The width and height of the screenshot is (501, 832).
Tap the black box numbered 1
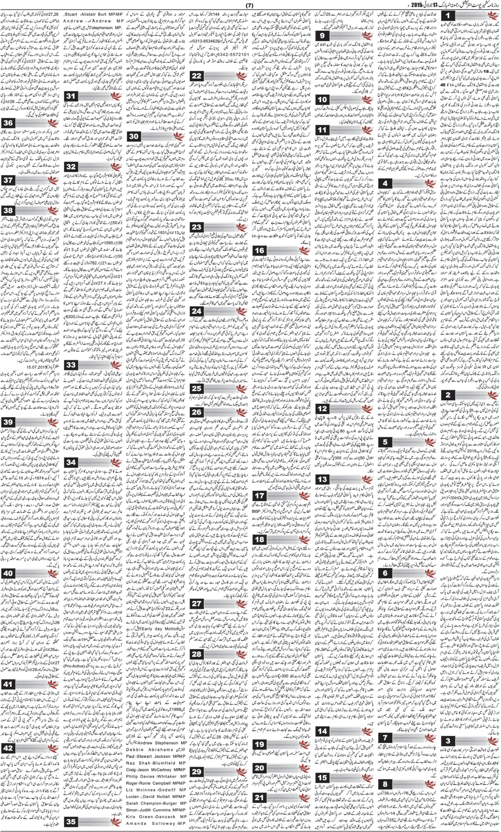click(x=447, y=17)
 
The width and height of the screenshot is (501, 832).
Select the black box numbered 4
click(x=386, y=183)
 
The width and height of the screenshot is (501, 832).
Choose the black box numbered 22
click(x=197, y=76)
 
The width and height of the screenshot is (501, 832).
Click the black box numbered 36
click(x=9, y=123)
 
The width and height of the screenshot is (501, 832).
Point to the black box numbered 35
click(x=71, y=822)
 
